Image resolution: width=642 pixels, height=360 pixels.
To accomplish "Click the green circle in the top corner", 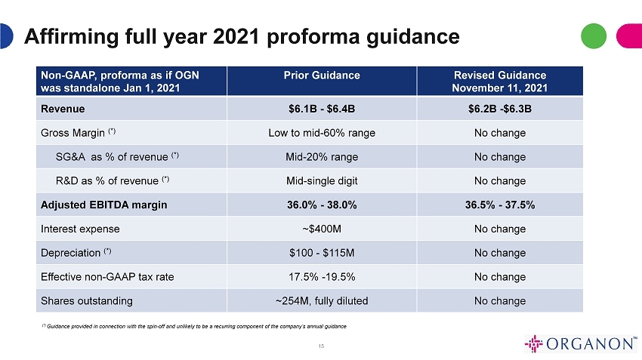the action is tap(593, 36).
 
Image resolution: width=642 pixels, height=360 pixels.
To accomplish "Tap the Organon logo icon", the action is tap(533, 343).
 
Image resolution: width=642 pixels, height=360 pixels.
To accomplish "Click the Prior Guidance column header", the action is tap(322, 75).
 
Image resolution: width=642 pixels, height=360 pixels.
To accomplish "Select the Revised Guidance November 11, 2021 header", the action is tap(500, 82).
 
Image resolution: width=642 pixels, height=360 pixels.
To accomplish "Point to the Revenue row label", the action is tap(63, 109).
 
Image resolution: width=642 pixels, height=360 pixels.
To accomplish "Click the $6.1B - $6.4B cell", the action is tap(322, 109).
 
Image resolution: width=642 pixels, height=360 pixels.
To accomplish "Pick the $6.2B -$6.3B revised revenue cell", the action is tap(500, 109).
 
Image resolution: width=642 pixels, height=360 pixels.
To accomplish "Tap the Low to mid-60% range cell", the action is tap(322, 133).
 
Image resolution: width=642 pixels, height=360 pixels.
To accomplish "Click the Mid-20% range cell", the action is tap(322, 157).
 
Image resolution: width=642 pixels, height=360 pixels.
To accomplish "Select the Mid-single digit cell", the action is tap(322, 181).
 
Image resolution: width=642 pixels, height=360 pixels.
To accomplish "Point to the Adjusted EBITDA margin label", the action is tap(104, 205).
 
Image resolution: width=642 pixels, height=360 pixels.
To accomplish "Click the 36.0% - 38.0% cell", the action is tap(322, 205).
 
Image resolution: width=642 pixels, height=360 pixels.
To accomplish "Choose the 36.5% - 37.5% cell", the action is tap(500, 205).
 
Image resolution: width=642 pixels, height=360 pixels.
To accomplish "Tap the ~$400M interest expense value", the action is tap(322, 229).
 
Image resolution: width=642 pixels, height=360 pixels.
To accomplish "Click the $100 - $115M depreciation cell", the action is tap(322, 253).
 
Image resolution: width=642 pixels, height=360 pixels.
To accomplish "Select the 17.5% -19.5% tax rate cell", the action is tap(322, 277).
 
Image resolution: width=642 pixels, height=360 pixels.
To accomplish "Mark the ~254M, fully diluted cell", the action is tap(322, 301).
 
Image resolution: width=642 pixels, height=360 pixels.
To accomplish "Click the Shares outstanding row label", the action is tap(87, 301).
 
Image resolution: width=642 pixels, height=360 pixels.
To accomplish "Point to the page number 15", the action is tap(321, 346).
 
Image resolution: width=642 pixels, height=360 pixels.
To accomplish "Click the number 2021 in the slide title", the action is tap(236, 36).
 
